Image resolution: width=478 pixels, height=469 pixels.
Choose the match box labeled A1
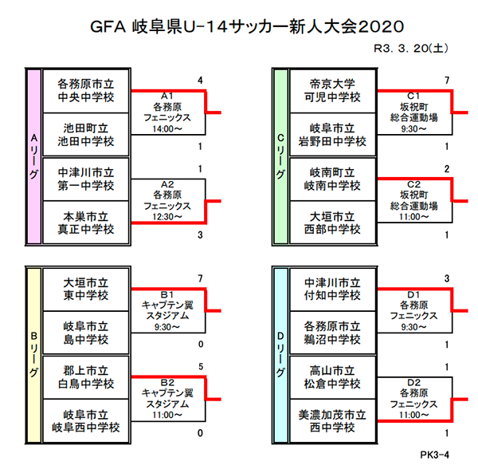[167, 112]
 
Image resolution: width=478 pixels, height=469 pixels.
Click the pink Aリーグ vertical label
[33, 156]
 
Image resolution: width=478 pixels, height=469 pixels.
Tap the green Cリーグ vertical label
[280, 156]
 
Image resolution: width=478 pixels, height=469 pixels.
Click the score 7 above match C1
[448, 81]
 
